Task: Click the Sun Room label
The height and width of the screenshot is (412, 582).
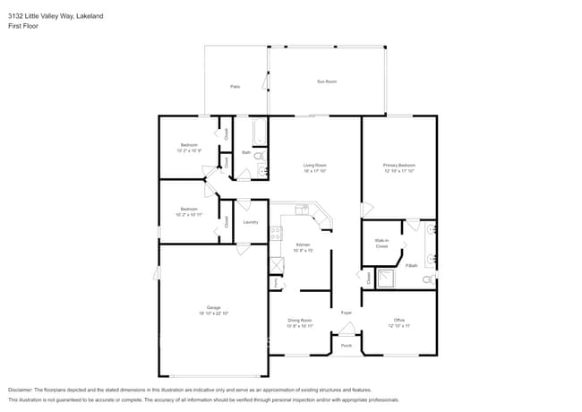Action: (327, 82)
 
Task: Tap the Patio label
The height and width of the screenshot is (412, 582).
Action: (235, 87)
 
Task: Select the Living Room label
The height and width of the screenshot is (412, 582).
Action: (314, 166)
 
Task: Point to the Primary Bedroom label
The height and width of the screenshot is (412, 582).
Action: (399, 166)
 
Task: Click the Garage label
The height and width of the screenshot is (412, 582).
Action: (214, 307)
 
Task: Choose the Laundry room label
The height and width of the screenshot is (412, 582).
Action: (251, 222)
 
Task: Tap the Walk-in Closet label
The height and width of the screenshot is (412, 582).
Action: (381, 244)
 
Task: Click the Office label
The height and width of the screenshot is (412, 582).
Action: (399, 320)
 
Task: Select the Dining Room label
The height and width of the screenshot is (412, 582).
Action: (299, 320)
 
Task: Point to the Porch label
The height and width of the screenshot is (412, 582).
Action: (346, 346)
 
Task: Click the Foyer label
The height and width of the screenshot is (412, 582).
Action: (346, 313)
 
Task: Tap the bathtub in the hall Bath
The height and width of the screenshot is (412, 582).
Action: (260, 133)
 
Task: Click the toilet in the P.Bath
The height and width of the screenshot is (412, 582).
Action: (428, 280)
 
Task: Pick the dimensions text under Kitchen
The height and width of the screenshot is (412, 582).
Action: (304, 251)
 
